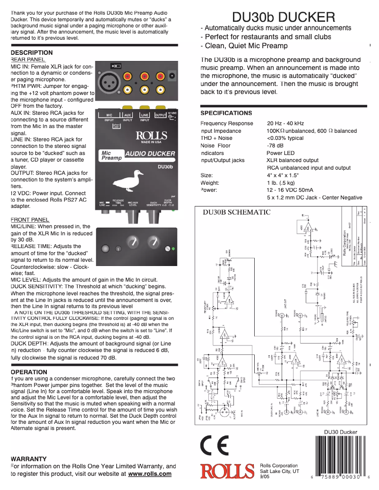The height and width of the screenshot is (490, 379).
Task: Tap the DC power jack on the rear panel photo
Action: pos(172,76)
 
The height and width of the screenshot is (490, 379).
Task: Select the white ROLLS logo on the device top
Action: pos(151,136)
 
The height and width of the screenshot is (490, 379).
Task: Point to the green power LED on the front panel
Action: pos(173,249)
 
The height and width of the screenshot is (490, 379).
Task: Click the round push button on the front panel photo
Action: pos(105,248)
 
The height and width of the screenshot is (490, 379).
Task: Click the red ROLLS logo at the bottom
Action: pos(227,471)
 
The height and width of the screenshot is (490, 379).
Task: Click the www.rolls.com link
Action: pos(150,473)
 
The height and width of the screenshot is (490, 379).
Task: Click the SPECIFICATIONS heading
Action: pos(226,113)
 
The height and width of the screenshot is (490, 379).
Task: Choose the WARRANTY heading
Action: pos(28,459)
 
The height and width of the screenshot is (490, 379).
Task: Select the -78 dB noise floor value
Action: pos(275,146)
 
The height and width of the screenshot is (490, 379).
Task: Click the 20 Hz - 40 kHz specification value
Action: pos(285,123)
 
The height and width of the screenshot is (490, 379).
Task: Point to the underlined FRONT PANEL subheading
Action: pos(29,220)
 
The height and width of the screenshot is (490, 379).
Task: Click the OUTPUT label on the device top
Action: pos(161,115)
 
